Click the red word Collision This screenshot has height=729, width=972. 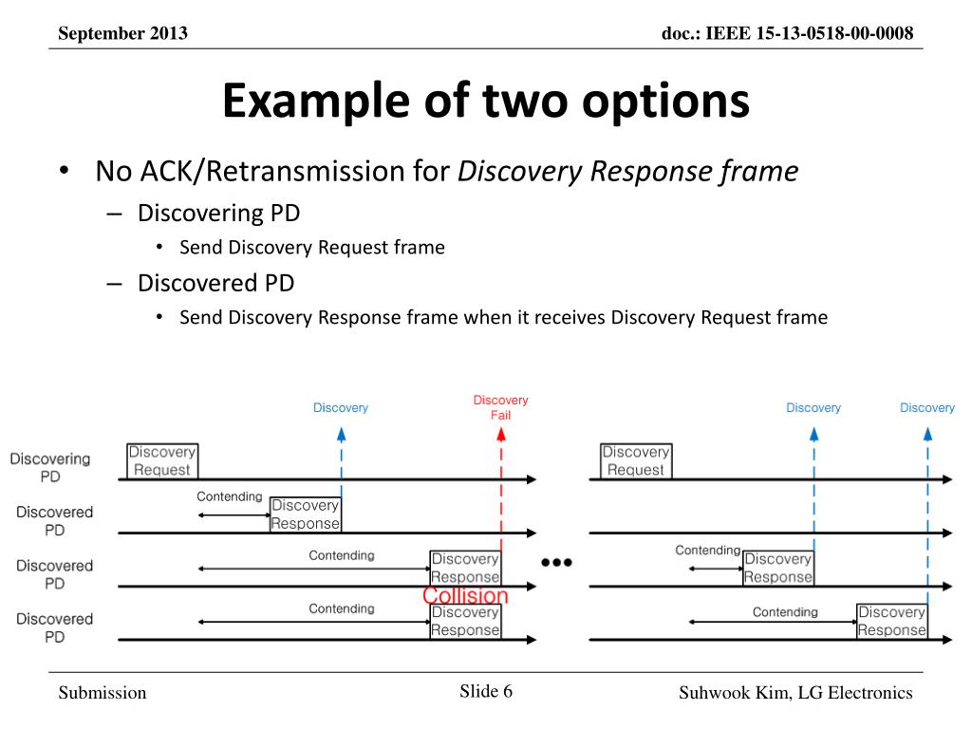[x=465, y=596]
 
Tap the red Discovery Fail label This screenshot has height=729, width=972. [x=500, y=407]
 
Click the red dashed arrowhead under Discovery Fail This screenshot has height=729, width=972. [x=500, y=435]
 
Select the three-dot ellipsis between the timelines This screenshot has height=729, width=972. [x=556, y=562]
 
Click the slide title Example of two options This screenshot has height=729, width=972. [x=486, y=102]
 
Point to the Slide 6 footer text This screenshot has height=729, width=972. [x=486, y=691]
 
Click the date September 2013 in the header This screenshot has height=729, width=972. [x=122, y=34]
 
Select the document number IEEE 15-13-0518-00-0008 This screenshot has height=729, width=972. [x=788, y=34]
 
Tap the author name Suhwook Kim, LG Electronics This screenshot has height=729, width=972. [x=795, y=693]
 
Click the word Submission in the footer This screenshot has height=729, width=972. [x=103, y=693]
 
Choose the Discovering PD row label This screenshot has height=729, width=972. [x=50, y=468]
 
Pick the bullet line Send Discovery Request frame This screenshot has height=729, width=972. [x=312, y=248]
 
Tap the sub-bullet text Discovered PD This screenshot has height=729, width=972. [x=215, y=283]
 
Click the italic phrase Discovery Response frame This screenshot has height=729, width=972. [x=627, y=172]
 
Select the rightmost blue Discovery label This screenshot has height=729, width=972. [x=926, y=408]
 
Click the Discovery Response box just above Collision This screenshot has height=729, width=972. [x=465, y=568]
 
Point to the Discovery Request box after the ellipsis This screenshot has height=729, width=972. [x=635, y=461]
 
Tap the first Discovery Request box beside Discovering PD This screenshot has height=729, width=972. [x=161, y=461]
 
